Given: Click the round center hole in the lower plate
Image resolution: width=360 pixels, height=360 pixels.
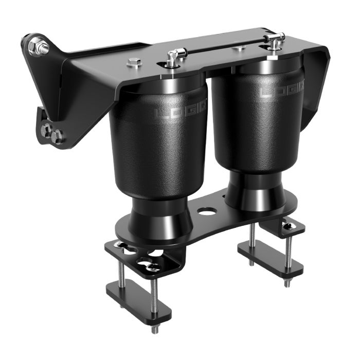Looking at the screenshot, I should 207,211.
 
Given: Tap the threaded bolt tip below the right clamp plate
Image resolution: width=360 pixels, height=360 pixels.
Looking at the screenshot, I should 287,282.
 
